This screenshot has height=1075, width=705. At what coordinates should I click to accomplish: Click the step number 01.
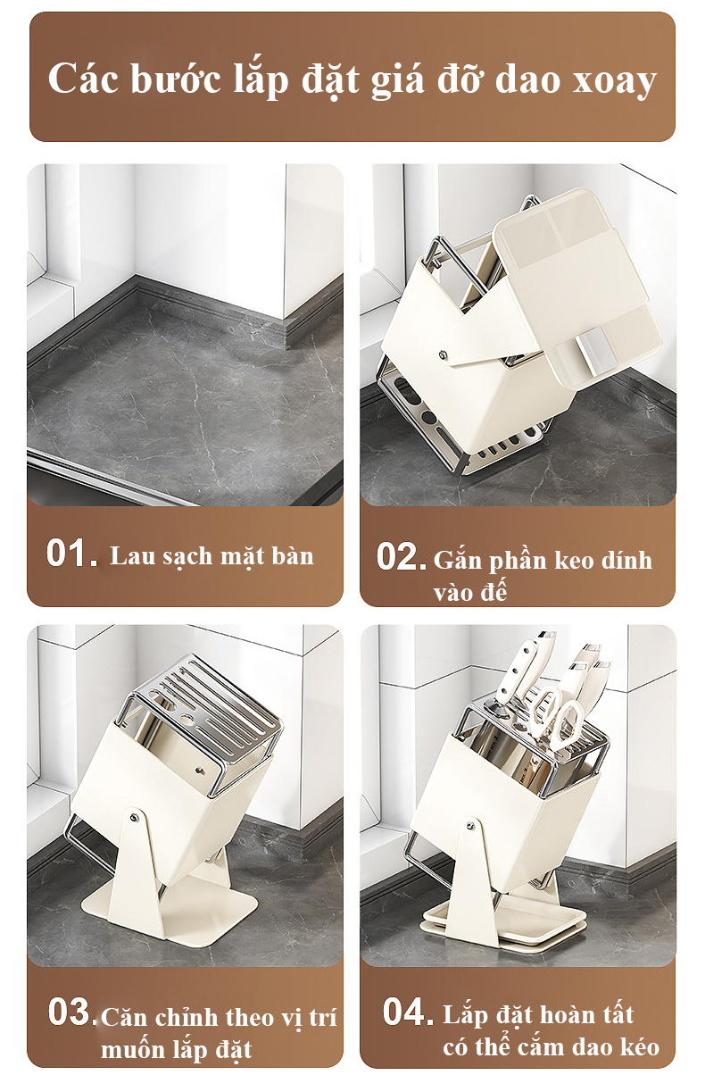coord(72,554)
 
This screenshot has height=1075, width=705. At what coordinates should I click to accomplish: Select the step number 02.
coord(402,557)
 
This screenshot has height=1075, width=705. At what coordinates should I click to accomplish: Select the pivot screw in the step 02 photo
coord(442,354)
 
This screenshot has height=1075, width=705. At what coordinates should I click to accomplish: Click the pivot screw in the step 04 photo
coord(470,825)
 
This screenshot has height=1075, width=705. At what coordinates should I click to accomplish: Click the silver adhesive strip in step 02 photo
coord(595,347)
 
